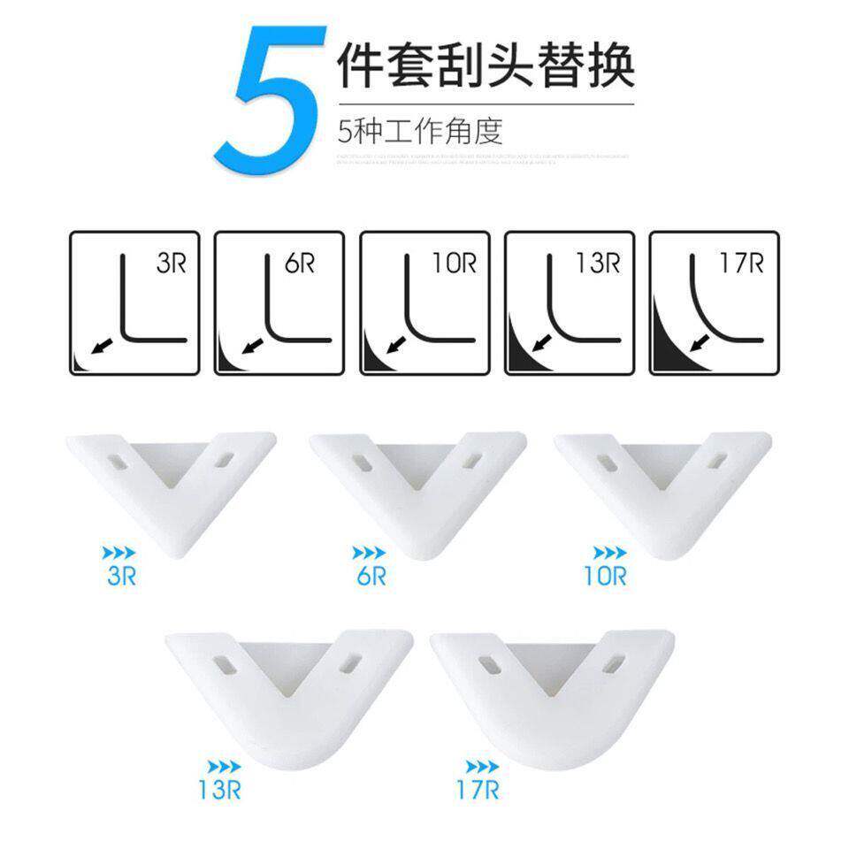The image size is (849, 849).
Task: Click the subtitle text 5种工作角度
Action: (x=420, y=132)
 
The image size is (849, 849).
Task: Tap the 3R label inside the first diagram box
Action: (x=171, y=264)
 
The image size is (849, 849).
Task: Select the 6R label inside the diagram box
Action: (x=302, y=264)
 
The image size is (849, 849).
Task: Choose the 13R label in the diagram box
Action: (x=599, y=264)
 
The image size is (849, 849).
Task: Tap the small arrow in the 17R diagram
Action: (x=701, y=341)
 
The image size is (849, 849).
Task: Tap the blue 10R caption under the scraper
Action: (x=605, y=577)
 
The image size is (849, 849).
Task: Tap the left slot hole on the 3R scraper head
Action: (x=119, y=461)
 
